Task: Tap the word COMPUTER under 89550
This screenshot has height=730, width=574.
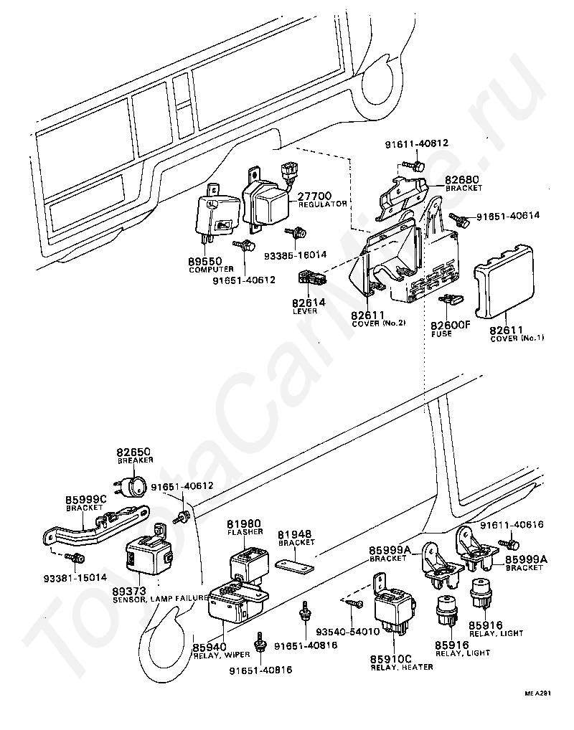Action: click(211, 270)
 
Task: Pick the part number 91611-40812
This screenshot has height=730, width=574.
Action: click(417, 143)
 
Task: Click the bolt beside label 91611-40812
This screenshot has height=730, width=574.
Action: click(415, 165)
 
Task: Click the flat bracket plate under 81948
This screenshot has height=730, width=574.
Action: click(294, 564)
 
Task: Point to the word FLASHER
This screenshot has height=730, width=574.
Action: click(245, 531)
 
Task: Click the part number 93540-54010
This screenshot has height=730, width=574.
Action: click(347, 632)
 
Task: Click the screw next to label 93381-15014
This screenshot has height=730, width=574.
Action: click(75, 556)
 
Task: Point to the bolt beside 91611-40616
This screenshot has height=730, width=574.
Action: click(508, 544)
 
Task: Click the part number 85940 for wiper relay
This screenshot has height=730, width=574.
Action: click(210, 647)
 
